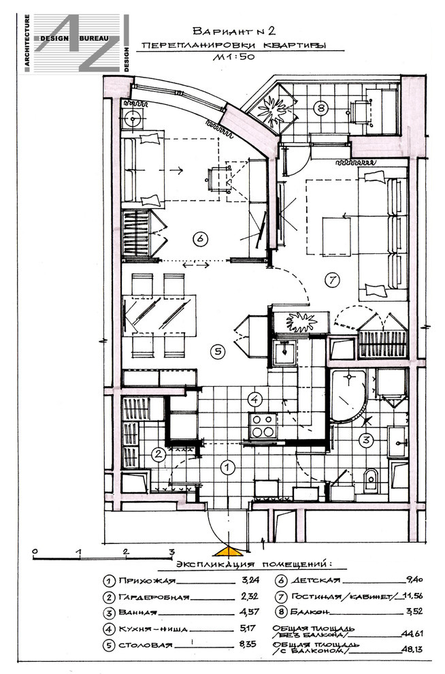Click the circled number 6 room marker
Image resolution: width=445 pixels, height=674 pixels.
pyautogui.click(x=201, y=238)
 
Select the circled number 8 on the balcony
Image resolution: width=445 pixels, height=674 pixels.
pyautogui.click(x=320, y=108)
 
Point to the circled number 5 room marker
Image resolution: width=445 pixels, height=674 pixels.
pyautogui.click(x=218, y=351)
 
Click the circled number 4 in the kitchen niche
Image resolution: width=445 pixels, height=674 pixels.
pyautogui.click(x=255, y=399)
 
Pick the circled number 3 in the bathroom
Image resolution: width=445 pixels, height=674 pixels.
pyautogui.click(x=366, y=440)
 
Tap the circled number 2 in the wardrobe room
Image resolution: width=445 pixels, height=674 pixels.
pyautogui.click(x=159, y=454)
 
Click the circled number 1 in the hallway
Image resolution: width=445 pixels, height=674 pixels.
pyautogui.click(x=228, y=467)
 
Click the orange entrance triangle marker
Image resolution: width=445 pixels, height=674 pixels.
pyautogui.click(x=228, y=551)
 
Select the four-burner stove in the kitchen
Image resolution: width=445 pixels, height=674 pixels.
pyautogui.click(x=263, y=426)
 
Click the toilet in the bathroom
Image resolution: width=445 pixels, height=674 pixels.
pyautogui.click(x=370, y=481)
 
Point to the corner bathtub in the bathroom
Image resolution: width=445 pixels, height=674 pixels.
pyautogui.click(x=348, y=396)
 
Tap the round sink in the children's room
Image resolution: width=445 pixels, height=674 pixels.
pyautogui.click(x=133, y=118)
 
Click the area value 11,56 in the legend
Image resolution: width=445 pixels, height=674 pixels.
pyautogui.click(x=413, y=596)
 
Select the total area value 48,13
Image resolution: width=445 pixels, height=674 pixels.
pyautogui.click(x=412, y=649)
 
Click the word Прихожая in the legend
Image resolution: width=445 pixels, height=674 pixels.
pyautogui.click(x=147, y=581)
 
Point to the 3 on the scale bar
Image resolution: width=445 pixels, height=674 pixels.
pyautogui.click(x=171, y=551)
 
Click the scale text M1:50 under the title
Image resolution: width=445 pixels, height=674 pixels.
pyautogui.click(x=233, y=57)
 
